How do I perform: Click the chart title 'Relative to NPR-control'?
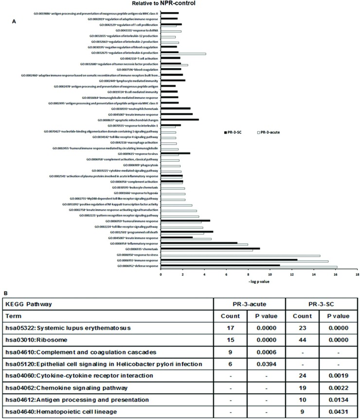click(180, 3)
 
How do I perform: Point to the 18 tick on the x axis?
click(358, 274)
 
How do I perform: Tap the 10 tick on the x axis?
click(270, 274)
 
